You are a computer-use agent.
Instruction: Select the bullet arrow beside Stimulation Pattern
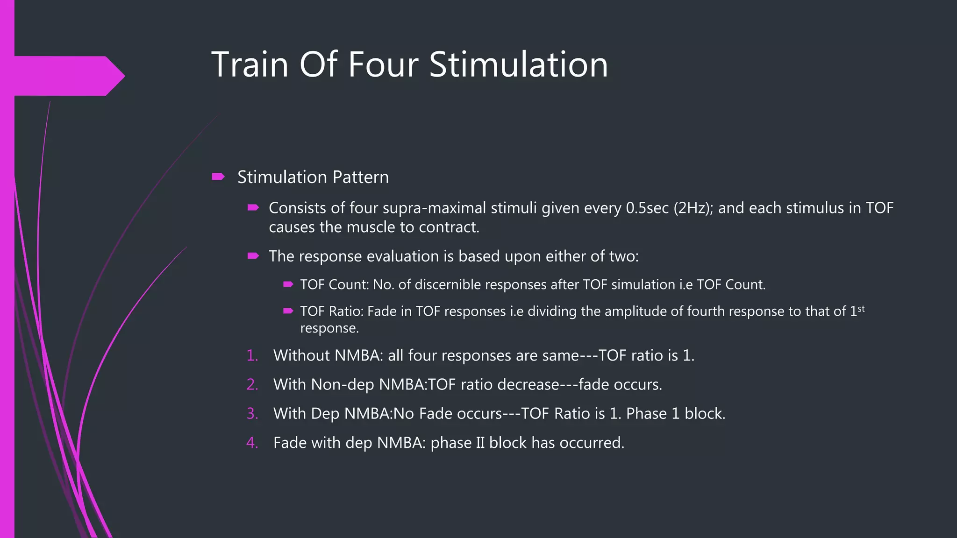(x=218, y=177)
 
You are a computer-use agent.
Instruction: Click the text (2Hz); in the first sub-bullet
(x=693, y=208)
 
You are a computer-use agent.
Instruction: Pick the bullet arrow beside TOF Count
(x=288, y=284)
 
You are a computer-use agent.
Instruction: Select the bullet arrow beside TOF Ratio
(x=288, y=311)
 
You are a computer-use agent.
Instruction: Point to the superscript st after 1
(x=861, y=308)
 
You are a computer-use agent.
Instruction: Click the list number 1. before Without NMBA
(x=252, y=355)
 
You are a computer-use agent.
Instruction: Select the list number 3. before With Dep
(x=252, y=414)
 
